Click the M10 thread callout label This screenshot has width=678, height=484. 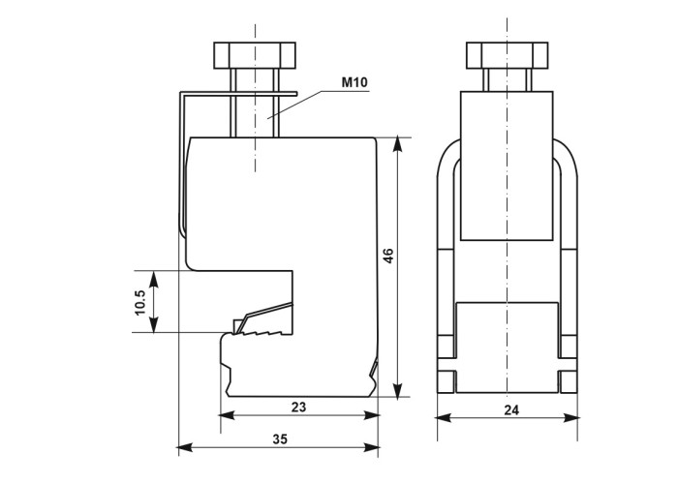(x=354, y=81)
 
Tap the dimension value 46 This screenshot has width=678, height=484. (x=388, y=256)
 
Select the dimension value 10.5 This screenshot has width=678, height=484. (x=140, y=302)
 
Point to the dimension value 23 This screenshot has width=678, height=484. (x=298, y=407)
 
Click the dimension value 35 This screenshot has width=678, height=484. (x=280, y=439)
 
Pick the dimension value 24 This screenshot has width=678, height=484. (x=511, y=409)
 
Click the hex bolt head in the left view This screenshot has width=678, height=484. (x=255, y=55)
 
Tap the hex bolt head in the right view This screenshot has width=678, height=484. (x=508, y=55)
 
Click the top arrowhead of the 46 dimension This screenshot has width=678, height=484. (x=398, y=145)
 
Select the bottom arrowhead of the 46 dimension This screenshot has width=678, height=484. (x=398, y=389)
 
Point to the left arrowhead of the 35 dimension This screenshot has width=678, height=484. (x=186, y=447)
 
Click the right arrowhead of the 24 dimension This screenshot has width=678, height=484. (x=570, y=417)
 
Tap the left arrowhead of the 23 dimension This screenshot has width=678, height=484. (x=228, y=415)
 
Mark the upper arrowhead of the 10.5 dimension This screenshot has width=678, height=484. (x=154, y=279)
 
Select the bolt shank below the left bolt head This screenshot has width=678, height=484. (x=255, y=104)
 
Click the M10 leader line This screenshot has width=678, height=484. (x=295, y=104)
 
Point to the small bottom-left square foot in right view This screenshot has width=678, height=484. (x=447, y=382)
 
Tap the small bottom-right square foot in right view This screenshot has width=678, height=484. (x=568, y=382)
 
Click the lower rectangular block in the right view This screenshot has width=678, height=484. (x=508, y=348)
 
